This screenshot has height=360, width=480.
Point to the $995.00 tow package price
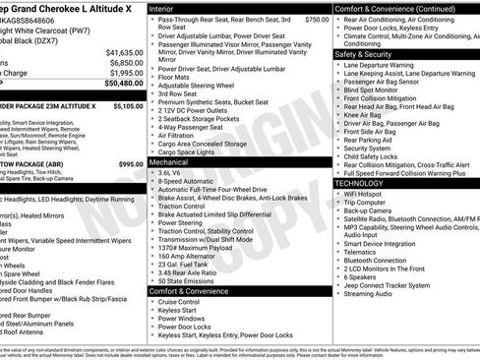point(131,163)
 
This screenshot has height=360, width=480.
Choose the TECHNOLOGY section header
point(359,183)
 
